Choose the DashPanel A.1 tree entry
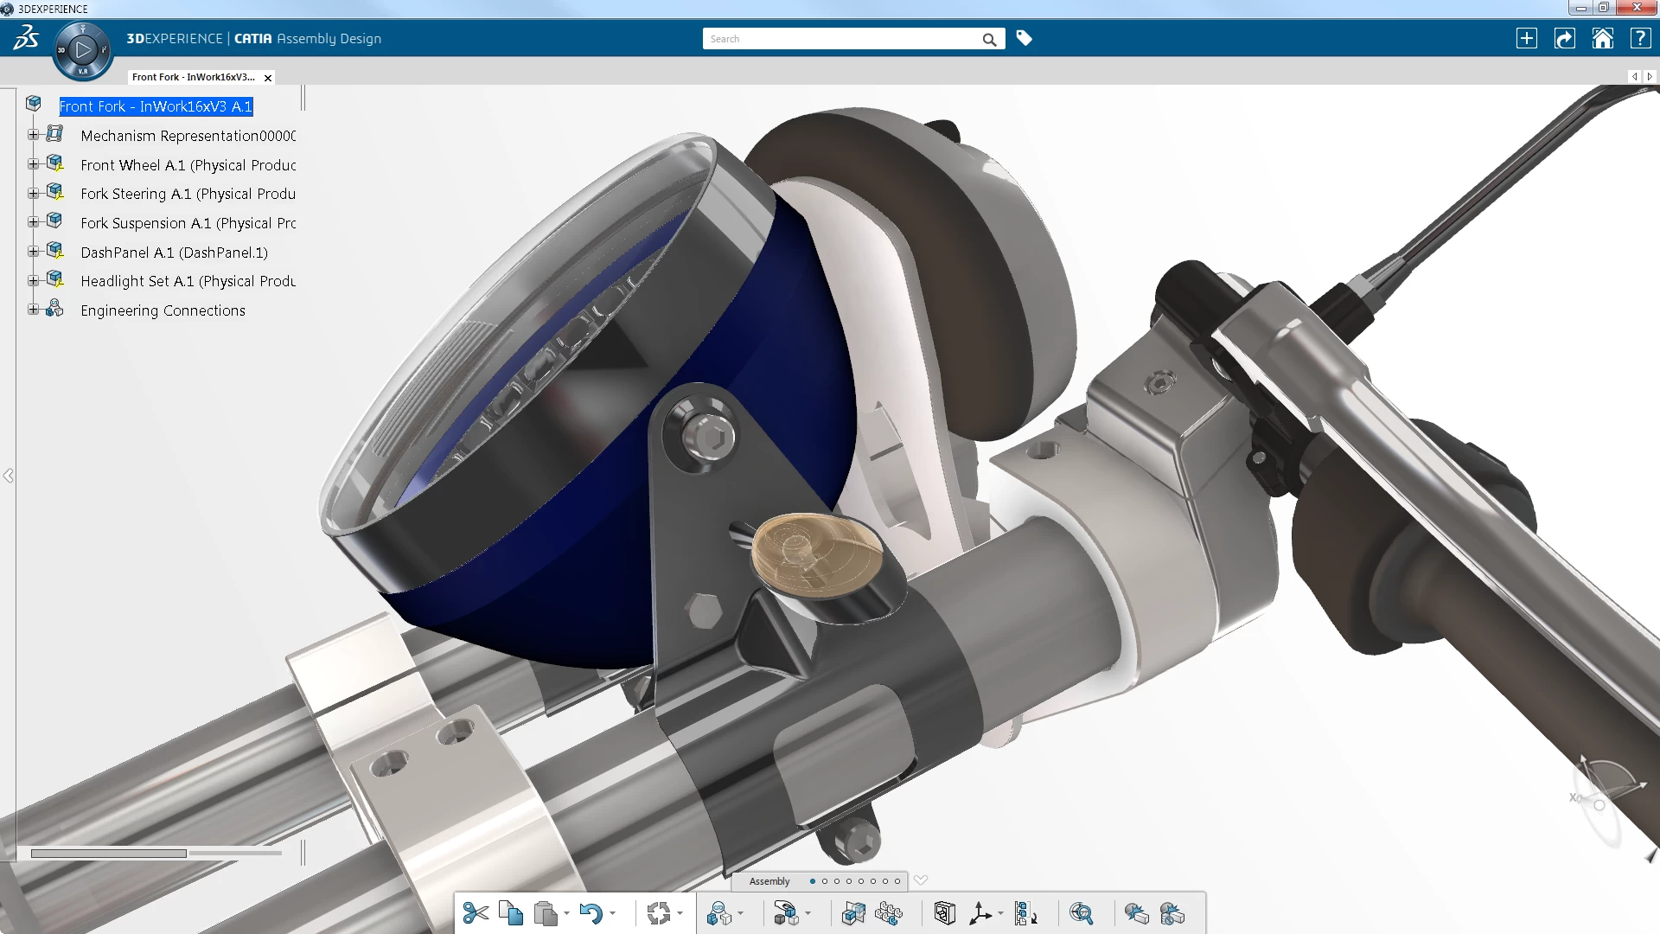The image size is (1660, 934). [174, 253]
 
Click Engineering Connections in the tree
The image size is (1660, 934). [163, 310]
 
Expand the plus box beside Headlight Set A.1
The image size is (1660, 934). [33, 281]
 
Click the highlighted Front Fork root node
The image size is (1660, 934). [156, 106]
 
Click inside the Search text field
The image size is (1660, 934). [839, 39]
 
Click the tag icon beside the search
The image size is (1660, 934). [1025, 38]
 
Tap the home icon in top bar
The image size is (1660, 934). [1602, 39]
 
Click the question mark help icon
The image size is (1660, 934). [1640, 39]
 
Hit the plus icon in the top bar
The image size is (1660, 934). [1527, 39]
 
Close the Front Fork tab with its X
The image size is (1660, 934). [268, 78]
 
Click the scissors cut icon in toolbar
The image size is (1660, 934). [476, 913]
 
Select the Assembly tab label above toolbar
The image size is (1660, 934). [769, 881]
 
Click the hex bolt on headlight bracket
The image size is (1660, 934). [709, 437]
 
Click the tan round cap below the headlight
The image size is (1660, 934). [816, 553]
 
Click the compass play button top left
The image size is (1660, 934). [83, 50]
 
